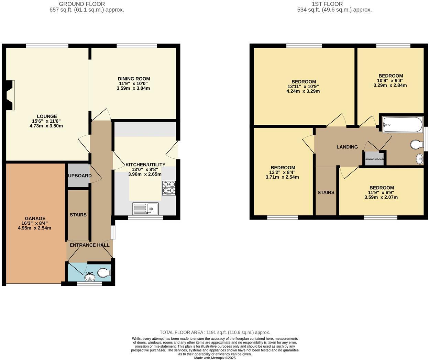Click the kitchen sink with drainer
[145, 209]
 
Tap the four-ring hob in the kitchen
[169, 188]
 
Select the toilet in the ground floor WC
[103, 273]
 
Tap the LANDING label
[347, 147]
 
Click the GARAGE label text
[35, 218]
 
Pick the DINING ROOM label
[134, 79]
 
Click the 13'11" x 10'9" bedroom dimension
[304, 87]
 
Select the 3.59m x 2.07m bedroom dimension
[381, 198]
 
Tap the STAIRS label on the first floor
[326, 192]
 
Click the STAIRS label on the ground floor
[78, 215]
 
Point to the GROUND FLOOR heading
[82, 4]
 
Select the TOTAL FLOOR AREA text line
[214, 332]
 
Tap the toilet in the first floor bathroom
[417, 145]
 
